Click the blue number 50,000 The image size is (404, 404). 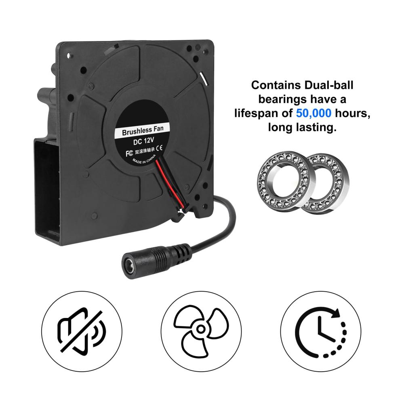coord(314,114)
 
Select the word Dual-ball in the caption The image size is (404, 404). coord(329,85)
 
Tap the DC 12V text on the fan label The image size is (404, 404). coord(143,141)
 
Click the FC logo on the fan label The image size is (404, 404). coord(129,154)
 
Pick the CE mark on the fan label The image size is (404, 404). coord(160,148)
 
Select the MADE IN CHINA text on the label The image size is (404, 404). coord(144,160)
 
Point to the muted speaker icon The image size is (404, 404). coord(82,331)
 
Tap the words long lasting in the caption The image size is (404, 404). coord(302,128)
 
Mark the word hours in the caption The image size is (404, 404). coord(352,114)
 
